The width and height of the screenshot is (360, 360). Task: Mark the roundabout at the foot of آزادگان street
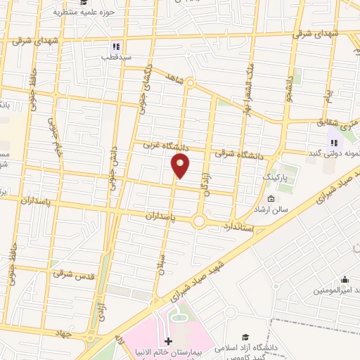point(199,221)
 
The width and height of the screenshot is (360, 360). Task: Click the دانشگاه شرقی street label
point(235,152)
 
